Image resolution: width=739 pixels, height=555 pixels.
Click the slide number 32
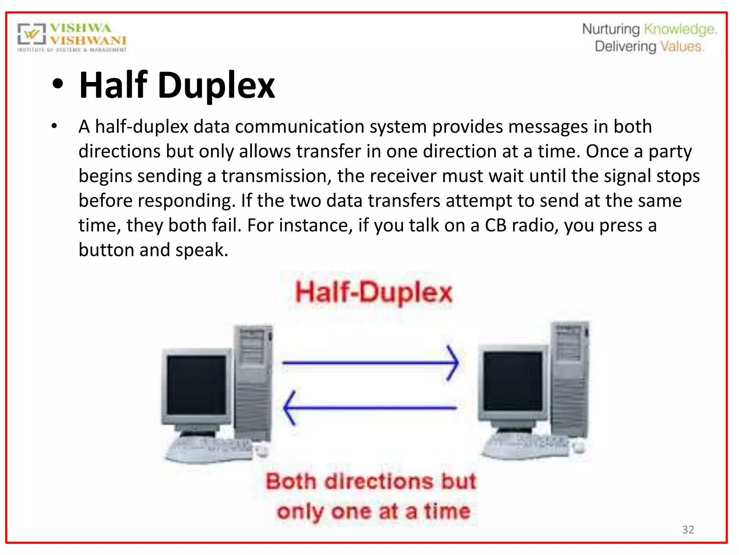[688, 529]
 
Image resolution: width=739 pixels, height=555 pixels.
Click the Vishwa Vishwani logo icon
[32, 35]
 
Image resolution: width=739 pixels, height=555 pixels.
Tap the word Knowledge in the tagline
[680, 29]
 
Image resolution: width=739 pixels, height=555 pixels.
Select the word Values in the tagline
[682, 47]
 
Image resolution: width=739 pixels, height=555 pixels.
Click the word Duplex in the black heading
[216, 85]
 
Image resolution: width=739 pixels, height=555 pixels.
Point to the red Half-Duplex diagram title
[373, 292]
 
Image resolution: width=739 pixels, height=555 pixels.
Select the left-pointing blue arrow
[370, 408]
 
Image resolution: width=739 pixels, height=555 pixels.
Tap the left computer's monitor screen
[197, 384]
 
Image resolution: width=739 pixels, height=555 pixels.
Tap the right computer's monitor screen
[513, 381]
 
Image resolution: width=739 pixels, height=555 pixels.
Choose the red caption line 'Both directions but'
[371, 482]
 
